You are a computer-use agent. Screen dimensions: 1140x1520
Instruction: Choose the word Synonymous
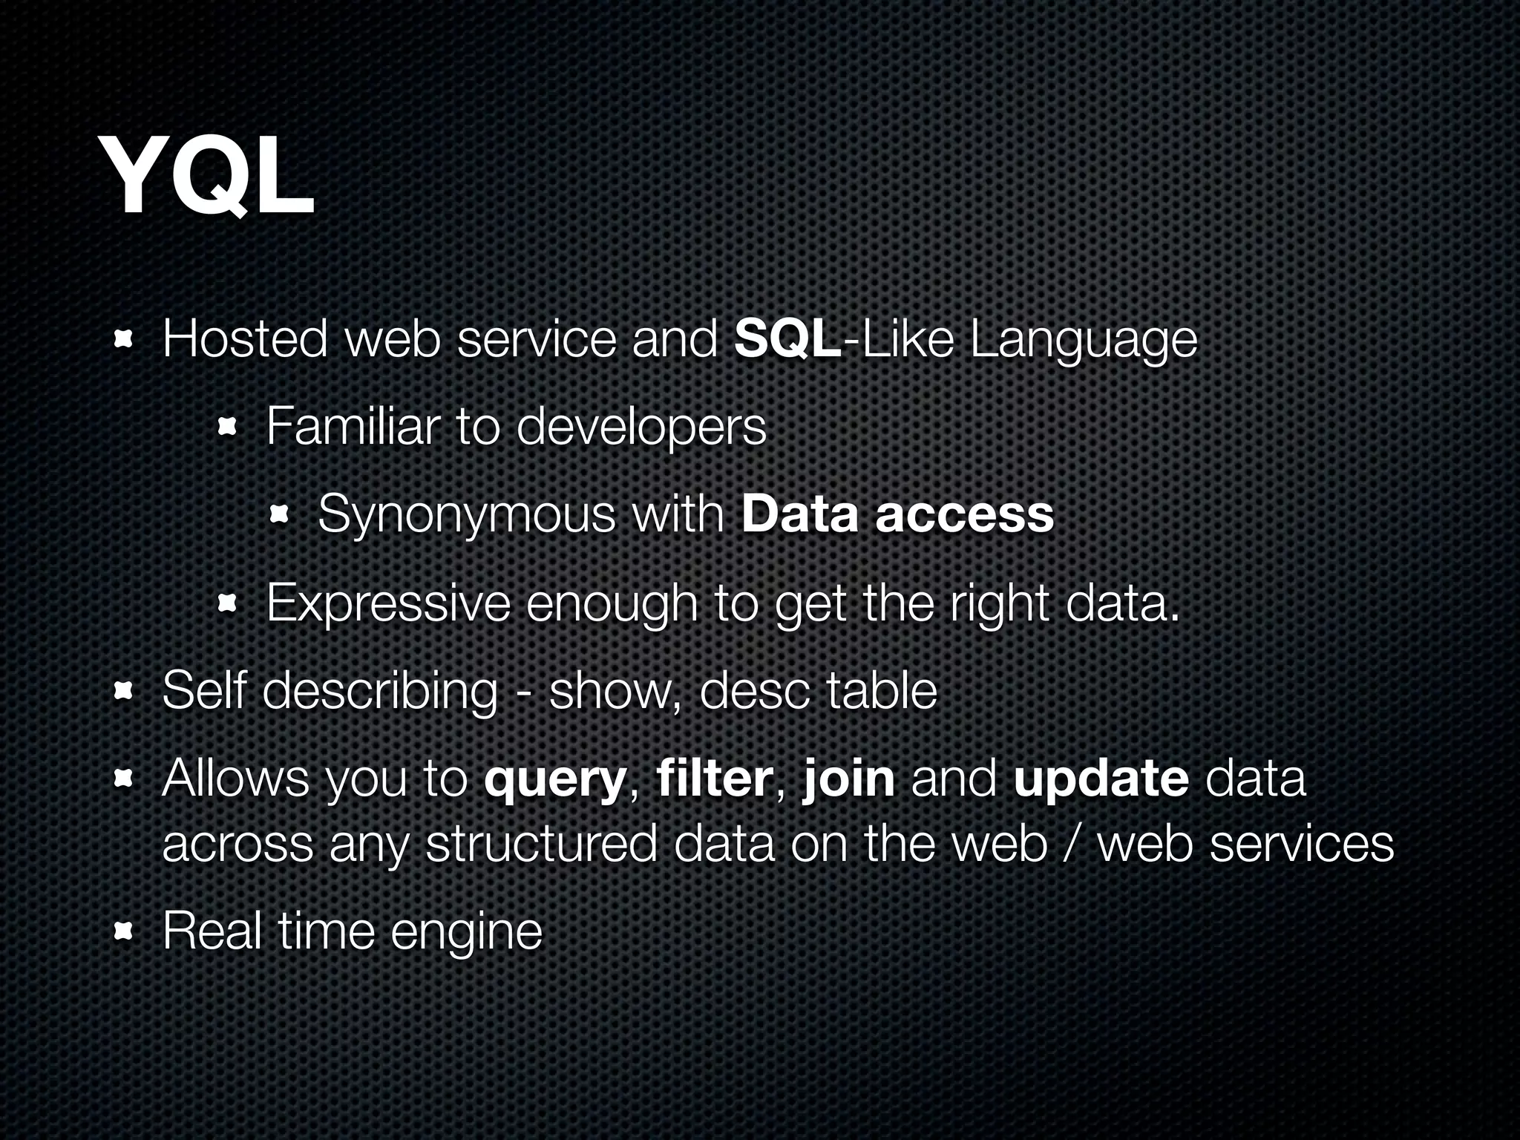(x=467, y=515)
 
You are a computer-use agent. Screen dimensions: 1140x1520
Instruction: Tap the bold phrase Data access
(x=897, y=514)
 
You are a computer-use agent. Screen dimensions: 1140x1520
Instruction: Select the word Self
(x=204, y=690)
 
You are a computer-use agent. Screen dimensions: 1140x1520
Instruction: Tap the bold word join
(x=848, y=779)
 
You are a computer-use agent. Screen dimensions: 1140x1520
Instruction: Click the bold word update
(x=1101, y=779)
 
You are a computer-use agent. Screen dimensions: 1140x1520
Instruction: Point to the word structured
(x=541, y=845)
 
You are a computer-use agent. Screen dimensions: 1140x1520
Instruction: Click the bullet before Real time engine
(x=123, y=931)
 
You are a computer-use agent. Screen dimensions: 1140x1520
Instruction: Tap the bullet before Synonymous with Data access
(x=280, y=514)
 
